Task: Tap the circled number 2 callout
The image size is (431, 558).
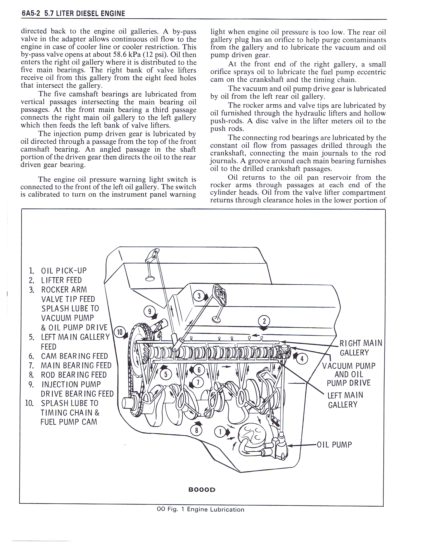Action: (264, 321)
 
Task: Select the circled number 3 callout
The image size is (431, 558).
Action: (199, 296)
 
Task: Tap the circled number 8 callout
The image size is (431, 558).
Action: (196, 431)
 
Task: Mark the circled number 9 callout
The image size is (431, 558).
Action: (150, 312)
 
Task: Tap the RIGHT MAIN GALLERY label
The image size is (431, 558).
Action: (361, 348)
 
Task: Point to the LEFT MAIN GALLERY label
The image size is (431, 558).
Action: (345, 400)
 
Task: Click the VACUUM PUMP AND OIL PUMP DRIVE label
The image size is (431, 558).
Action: (349, 375)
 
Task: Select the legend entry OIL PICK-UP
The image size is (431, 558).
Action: (64, 271)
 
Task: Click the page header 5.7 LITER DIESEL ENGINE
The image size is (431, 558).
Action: (85, 13)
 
